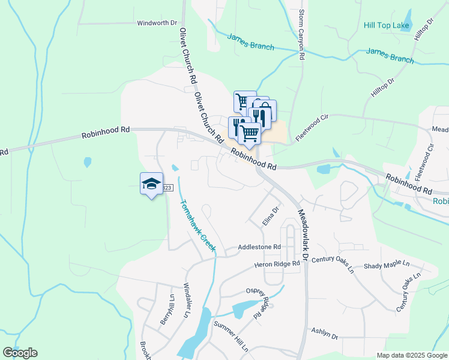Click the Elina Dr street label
pos(271,217)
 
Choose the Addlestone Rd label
pos(259,247)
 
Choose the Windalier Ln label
pos(187,301)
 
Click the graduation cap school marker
pos(151,183)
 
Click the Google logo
pos(20,353)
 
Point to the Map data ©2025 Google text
pos(412,355)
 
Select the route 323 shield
pos(167,188)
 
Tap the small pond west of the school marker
pos(88,162)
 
